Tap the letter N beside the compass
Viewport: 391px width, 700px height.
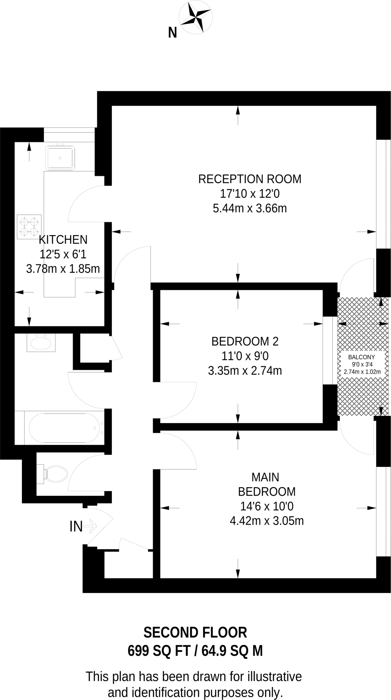(x=173, y=33)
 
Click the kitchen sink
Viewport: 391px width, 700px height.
(x=60, y=157)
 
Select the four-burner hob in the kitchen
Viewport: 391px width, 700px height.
(x=29, y=227)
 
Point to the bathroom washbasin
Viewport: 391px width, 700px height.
(x=41, y=343)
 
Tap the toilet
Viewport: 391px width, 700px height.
(x=55, y=473)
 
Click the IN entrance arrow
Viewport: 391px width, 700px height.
(x=90, y=526)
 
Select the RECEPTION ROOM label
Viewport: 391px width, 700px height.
(x=250, y=179)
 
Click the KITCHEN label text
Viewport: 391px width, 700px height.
(x=63, y=240)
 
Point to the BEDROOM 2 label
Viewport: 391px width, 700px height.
(x=245, y=341)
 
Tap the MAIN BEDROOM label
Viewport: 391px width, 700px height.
(x=266, y=484)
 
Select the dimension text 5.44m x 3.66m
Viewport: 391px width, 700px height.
(x=250, y=208)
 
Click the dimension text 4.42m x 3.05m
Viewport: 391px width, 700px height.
(x=266, y=521)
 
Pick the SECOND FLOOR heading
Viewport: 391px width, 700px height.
(x=195, y=633)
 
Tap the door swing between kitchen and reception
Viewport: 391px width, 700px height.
(x=86, y=203)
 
